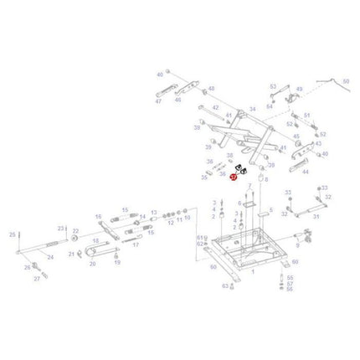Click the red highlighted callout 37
pyautogui.click(x=234, y=177)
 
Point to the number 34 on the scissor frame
pyautogui.click(x=252, y=109)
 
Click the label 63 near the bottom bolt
pyautogui.click(x=224, y=285)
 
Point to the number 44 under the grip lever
pyautogui.click(x=305, y=172)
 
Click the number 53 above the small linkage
pyautogui.click(x=272, y=86)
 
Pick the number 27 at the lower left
pyautogui.click(x=35, y=280)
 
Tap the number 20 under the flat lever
pyautogui.click(x=92, y=263)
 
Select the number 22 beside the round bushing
pyautogui.click(x=76, y=230)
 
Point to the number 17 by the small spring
pyautogui.click(x=136, y=244)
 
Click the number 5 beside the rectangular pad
pyautogui.click(x=270, y=211)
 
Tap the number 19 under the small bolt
pyautogui.click(x=117, y=262)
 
